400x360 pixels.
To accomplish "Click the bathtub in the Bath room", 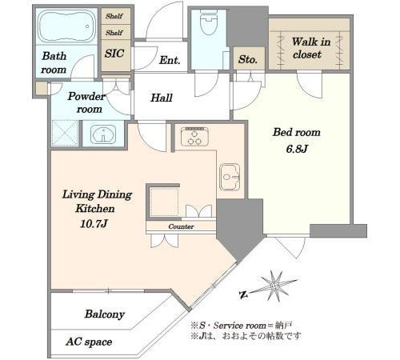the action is coord(66,26).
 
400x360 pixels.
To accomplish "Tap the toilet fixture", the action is coord(209,22).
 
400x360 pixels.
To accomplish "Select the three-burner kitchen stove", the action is coord(194,137).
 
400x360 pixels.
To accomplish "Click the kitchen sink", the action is coord(230,177).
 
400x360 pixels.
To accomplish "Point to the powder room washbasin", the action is coord(103,134).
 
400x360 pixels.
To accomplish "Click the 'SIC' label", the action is coord(114,54).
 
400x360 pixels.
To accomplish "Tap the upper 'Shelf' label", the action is coord(114,16).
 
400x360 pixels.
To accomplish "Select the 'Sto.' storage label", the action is coord(248,59).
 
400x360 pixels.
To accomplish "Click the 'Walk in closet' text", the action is coord(310,48).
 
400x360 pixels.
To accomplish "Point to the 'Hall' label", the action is coord(162,98).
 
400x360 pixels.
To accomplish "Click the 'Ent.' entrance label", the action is coord(170,60).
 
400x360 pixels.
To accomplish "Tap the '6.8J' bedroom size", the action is coord(297,149).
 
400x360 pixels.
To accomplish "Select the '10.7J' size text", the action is coord(94,223).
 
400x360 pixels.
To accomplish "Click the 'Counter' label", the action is coord(181,226).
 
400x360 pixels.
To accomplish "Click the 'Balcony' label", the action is coord(105,314).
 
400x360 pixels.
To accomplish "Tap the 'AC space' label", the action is coord(89,342).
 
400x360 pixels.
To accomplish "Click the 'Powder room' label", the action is coord(86,102).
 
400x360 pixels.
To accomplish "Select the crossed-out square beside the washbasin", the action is coord(65,134).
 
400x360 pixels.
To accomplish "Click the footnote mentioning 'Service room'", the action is coord(242,326).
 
